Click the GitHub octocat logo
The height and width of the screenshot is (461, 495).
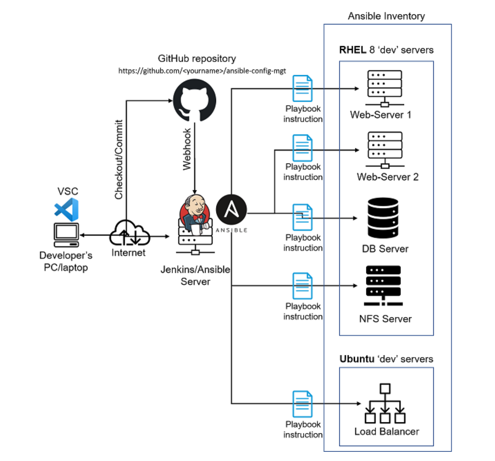pyautogui.click(x=195, y=100)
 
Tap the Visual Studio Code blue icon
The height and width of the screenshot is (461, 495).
pyautogui.click(x=67, y=210)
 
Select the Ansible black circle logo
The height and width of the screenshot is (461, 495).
pyautogui.click(x=231, y=210)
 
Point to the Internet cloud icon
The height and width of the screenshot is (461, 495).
pyautogui.click(x=129, y=233)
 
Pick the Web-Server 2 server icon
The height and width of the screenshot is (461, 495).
pyautogui.click(x=385, y=149)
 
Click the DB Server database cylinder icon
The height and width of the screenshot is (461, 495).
pyautogui.click(x=383, y=218)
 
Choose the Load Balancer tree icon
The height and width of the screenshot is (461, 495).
pyautogui.click(x=385, y=404)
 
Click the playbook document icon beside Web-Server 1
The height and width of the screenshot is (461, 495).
pyautogui.click(x=302, y=88)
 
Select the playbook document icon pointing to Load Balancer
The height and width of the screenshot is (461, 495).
pyautogui.click(x=302, y=404)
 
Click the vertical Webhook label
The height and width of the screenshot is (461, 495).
pyautogui.click(x=187, y=149)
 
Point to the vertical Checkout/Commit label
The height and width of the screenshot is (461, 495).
pyautogui.click(x=118, y=159)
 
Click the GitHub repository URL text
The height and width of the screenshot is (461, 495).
pyautogui.click(x=202, y=71)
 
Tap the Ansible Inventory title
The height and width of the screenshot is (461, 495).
pyautogui.click(x=386, y=16)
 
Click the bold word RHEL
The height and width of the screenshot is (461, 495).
pyautogui.click(x=352, y=50)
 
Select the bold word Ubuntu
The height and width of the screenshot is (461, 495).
pyautogui.click(x=356, y=359)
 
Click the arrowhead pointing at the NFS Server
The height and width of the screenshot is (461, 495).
pyautogui.click(x=355, y=286)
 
